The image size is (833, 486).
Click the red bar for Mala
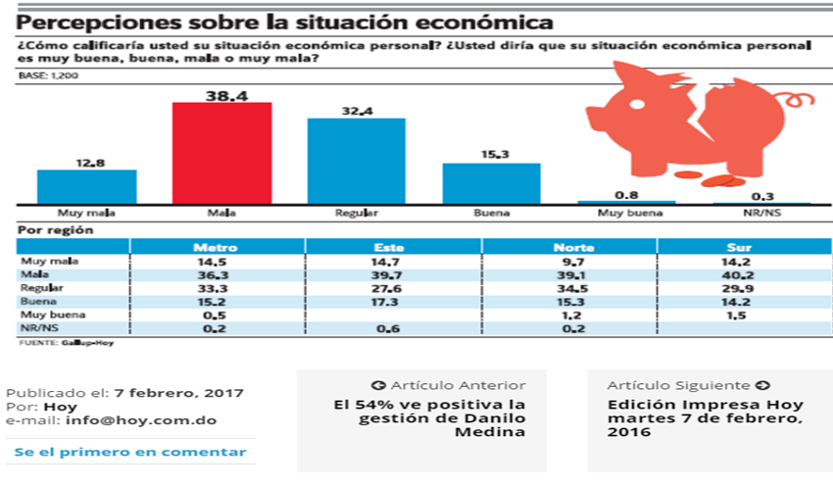[x=222, y=152]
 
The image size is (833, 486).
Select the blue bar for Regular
[x=357, y=161]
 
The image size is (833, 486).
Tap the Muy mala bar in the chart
[x=87, y=186]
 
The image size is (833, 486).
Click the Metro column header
[x=216, y=248]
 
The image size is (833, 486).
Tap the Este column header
[x=390, y=248]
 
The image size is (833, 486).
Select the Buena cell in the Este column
[x=390, y=303]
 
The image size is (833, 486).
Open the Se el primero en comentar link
[x=130, y=452]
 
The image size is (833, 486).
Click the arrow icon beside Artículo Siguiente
[x=762, y=385]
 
